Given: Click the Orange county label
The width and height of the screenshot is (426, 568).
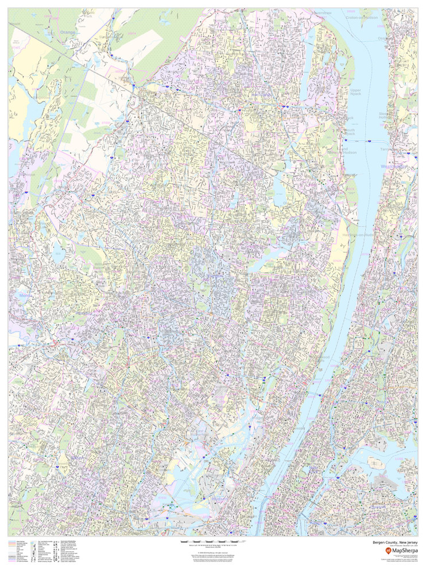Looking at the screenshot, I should point(68,32).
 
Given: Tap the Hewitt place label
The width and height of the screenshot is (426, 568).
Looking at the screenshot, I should point(14,24).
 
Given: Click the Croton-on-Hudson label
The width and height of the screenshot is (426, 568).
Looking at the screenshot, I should point(362,18).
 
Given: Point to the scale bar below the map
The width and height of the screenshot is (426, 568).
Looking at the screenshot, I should point(213,542).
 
